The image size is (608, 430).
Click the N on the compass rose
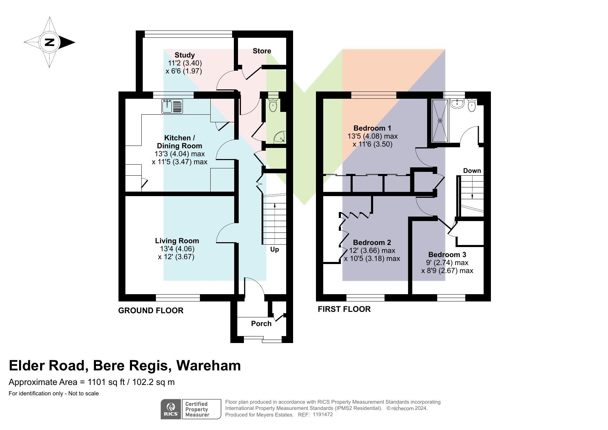[x=50, y=42]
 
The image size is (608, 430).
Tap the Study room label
[x=184, y=55]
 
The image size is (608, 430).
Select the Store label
[x=262, y=51]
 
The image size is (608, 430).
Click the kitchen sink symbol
[x=172, y=106]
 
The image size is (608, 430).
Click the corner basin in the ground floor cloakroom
[x=280, y=138]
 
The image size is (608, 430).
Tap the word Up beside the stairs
[x=274, y=249]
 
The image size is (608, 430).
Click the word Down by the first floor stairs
[x=472, y=170]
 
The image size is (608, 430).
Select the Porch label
[x=261, y=324]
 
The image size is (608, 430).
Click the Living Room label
[x=177, y=241]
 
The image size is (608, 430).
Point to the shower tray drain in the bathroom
[x=440, y=121]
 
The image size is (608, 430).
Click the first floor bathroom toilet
[x=472, y=106]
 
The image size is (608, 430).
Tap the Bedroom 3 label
[x=447, y=255]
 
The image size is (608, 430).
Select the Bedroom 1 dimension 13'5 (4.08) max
[x=372, y=136]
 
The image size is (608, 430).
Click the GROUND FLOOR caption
[x=151, y=310]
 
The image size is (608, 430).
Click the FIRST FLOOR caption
[x=344, y=309]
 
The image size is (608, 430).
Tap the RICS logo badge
[x=171, y=409]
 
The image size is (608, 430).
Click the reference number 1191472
[x=323, y=414]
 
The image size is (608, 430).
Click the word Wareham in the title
[x=208, y=366]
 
